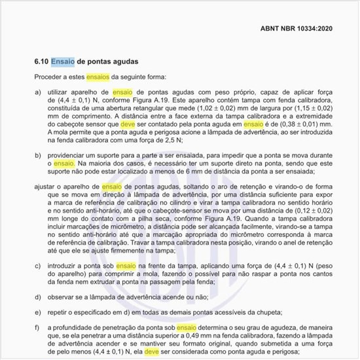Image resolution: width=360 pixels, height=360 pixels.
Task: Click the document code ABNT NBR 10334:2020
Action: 297,29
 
